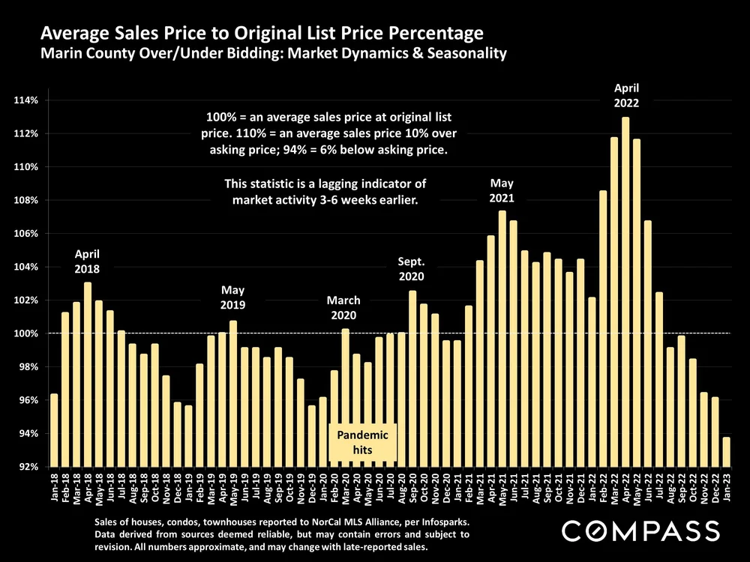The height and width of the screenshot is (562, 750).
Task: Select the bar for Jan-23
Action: (x=727, y=452)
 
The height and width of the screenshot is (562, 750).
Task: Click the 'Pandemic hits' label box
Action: (x=362, y=443)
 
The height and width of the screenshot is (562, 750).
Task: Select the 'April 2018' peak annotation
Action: (x=87, y=261)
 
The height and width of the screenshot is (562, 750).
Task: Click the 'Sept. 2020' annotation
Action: (x=412, y=269)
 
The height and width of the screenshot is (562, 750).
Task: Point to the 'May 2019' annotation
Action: (x=233, y=298)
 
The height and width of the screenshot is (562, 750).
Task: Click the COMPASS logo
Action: (x=641, y=531)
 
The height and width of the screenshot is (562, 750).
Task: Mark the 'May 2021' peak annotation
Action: (x=502, y=190)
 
